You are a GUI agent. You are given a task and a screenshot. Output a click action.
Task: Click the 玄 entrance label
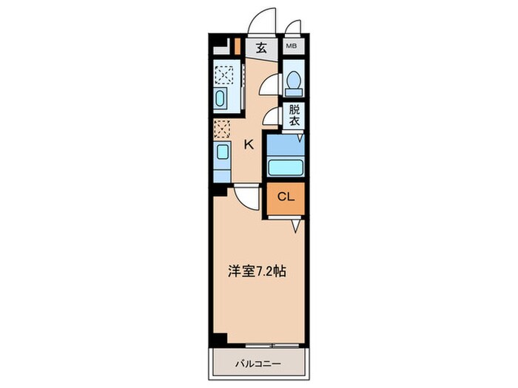[261, 49]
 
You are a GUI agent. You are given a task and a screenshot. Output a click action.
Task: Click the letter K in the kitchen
[249, 145]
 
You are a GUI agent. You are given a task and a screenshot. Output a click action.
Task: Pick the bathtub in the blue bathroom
[285, 167]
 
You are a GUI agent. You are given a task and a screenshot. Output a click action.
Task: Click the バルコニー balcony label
[258, 364]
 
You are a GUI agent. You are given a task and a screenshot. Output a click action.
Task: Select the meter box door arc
[293, 28]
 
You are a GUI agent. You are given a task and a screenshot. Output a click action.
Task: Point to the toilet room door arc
[271, 85]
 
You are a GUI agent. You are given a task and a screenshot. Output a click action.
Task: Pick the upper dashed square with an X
[223, 75]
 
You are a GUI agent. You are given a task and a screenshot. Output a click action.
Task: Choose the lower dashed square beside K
[222, 129]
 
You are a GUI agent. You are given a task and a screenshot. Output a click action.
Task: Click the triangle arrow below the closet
[295, 226]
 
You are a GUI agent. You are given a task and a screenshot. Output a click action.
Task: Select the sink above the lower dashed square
[222, 101]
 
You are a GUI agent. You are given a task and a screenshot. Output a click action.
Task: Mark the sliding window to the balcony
[258, 344]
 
